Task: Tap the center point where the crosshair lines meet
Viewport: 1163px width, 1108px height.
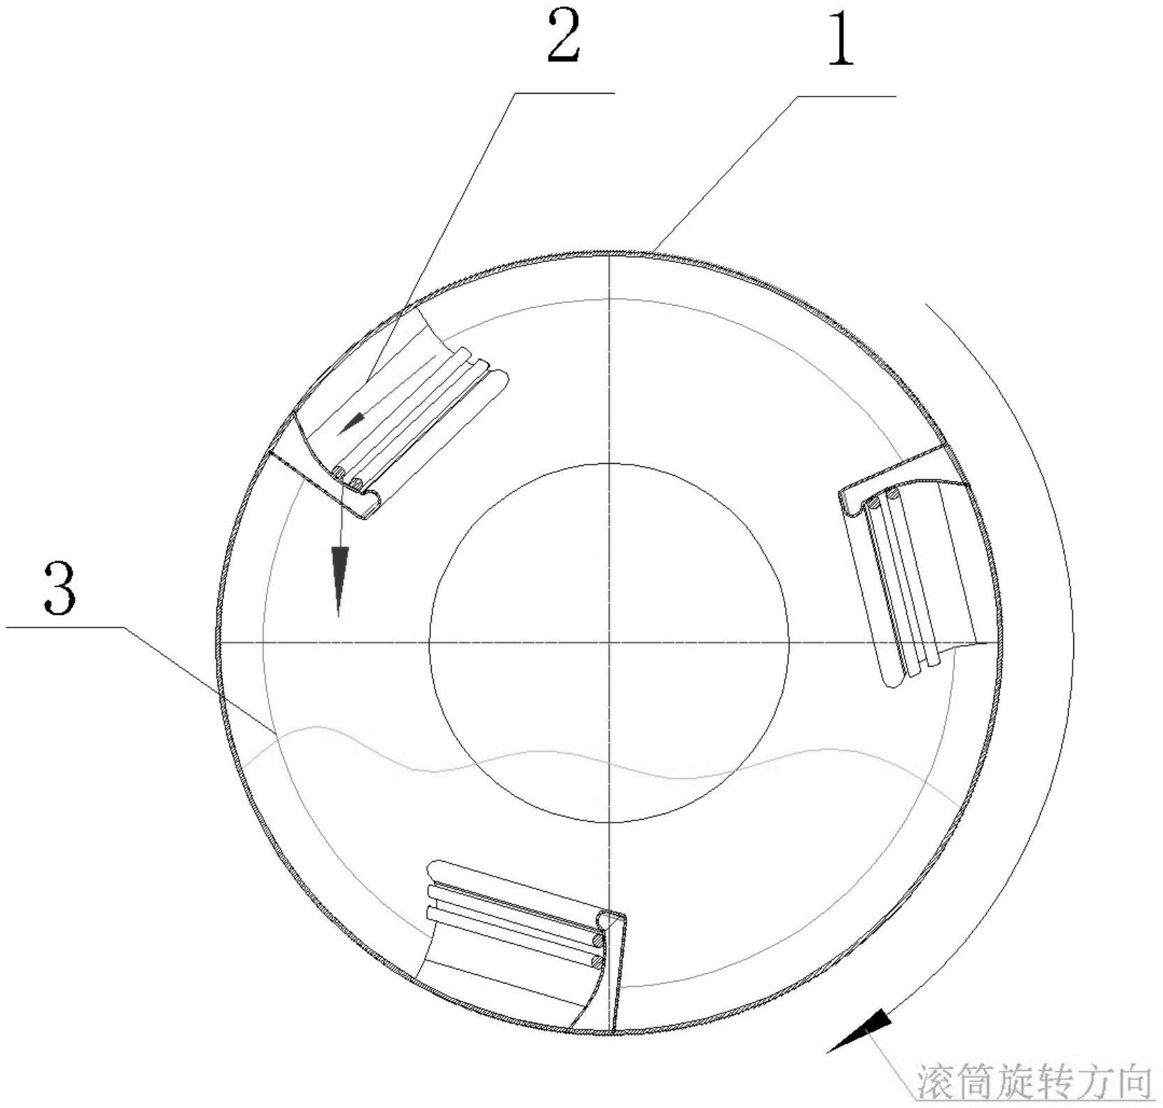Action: pos(610,641)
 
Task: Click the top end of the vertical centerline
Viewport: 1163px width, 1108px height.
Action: pos(610,253)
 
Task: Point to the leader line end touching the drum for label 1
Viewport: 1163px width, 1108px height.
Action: pos(651,252)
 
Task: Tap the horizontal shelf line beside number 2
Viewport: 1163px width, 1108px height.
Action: pos(564,92)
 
